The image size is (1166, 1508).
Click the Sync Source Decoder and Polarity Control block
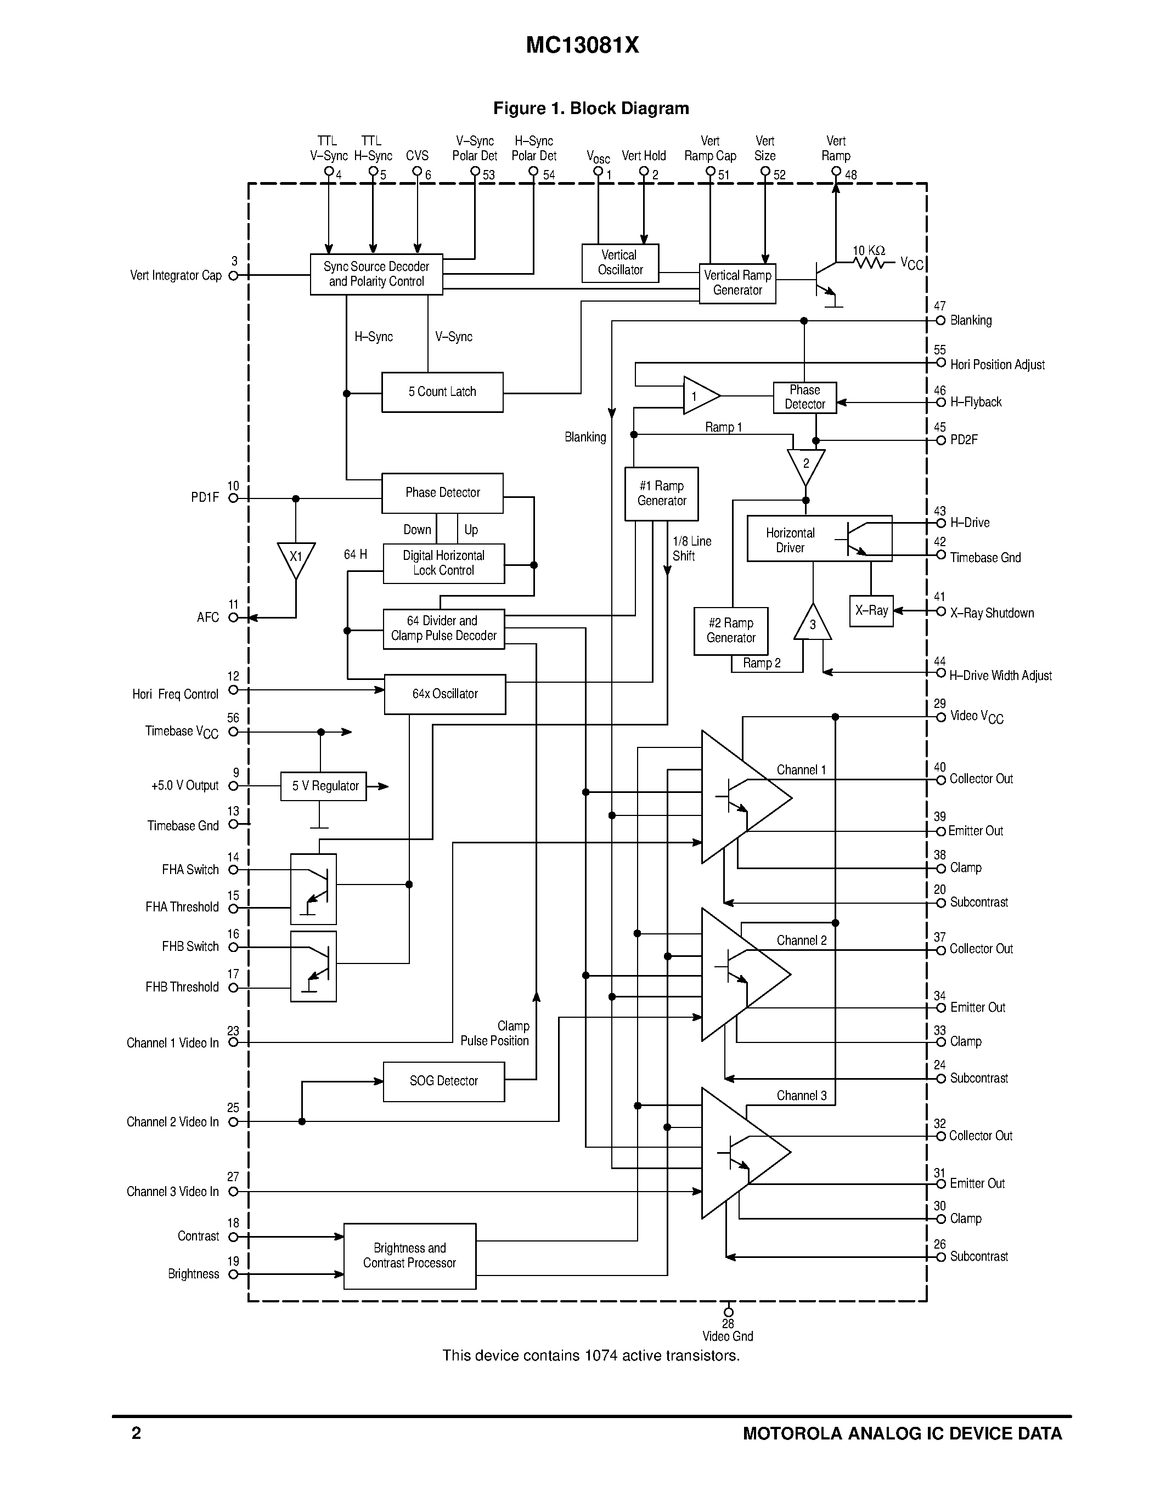[376, 274]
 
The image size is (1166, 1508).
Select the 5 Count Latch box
[442, 392]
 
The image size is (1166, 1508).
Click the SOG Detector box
[443, 1081]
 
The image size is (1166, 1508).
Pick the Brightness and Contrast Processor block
[410, 1255]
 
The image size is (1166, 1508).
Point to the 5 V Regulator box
[323, 786]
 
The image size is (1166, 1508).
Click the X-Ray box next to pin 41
[870, 611]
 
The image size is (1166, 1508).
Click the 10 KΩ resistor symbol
[869, 262]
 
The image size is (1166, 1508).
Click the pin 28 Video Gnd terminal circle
[728, 1312]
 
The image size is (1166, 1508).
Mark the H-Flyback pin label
[976, 402]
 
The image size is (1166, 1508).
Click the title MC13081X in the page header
[582, 46]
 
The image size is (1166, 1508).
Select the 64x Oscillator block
[445, 694]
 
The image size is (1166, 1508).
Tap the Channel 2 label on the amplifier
[801, 940]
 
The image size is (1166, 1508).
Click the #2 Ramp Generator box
[731, 631]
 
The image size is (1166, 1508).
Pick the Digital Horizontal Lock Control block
[443, 563]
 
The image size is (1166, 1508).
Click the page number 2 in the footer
[136, 1433]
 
